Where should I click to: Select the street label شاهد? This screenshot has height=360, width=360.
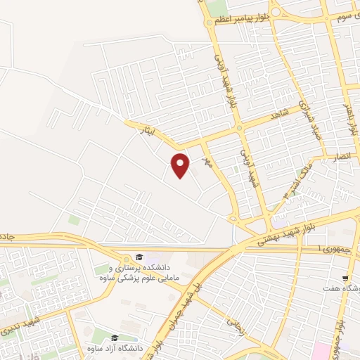pos(279,114)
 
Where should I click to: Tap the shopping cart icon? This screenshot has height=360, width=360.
pos(344,278)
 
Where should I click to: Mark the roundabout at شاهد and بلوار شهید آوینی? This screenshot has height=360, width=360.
pos(239,128)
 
